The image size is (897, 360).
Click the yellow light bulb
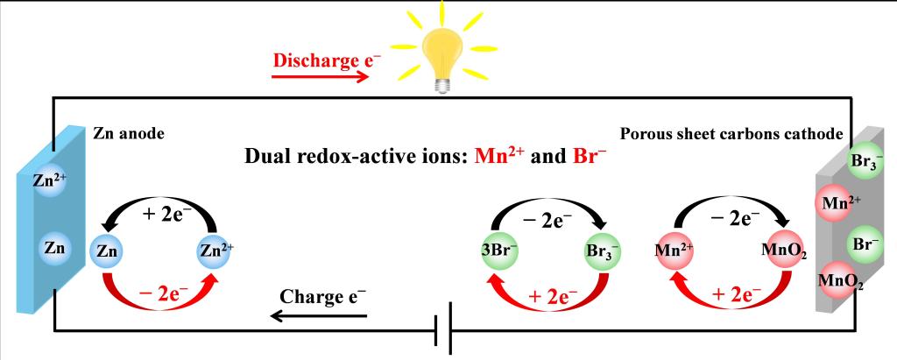pyautogui.click(x=437, y=52)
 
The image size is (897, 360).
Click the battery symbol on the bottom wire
pyautogui.click(x=444, y=329)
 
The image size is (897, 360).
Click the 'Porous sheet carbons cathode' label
pyautogui.click(x=731, y=134)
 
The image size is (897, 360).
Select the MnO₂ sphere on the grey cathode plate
pyautogui.click(x=834, y=281)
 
